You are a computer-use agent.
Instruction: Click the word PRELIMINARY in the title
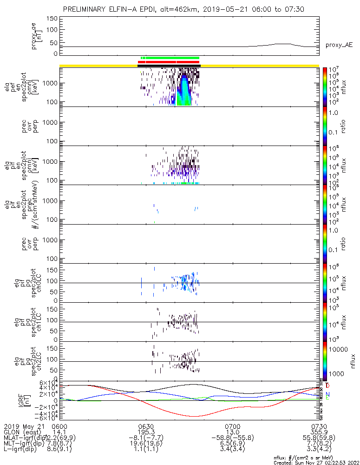85,9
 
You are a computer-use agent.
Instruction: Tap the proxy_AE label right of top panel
338,45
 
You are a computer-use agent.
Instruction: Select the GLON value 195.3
146,432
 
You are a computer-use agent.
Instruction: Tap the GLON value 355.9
319,432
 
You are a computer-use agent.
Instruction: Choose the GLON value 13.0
232,432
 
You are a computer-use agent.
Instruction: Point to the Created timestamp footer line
316,463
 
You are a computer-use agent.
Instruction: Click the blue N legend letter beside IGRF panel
327,394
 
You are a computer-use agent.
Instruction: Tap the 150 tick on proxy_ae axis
52,19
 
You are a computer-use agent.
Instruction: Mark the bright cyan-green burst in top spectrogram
184,91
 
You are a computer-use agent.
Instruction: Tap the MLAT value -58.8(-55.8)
232,438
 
